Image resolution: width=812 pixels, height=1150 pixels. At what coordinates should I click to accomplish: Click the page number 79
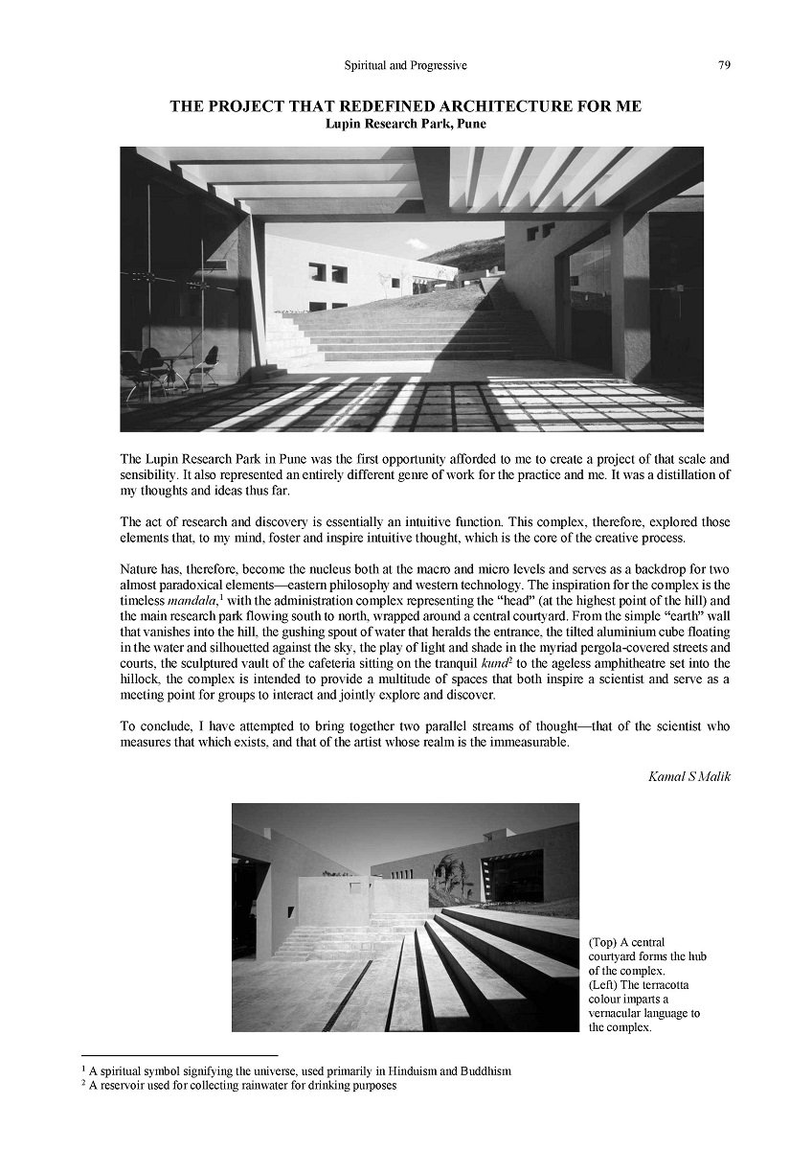pyautogui.click(x=724, y=65)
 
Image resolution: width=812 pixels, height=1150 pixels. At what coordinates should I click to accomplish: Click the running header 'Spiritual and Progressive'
pyautogui.click(x=405, y=65)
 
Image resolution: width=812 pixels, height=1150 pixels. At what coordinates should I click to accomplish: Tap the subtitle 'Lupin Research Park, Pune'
pyautogui.click(x=405, y=124)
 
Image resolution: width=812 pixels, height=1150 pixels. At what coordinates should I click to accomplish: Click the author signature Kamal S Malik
pyautogui.click(x=689, y=776)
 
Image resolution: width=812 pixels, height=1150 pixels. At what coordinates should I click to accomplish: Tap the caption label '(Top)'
pyautogui.click(x=604, y=943)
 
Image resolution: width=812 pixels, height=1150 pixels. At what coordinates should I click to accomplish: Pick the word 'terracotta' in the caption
pyautogui.click(x=677, y=985)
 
